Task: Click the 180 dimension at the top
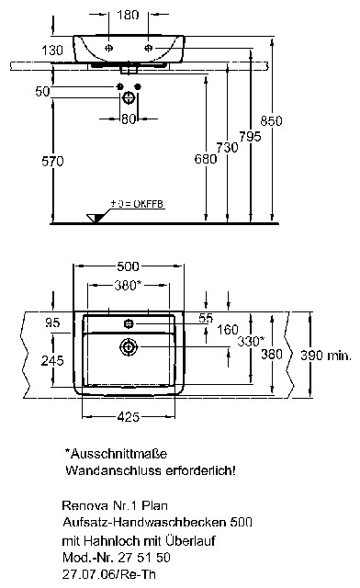point(128,15)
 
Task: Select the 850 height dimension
point(271,120)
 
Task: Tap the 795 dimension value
point(250,137)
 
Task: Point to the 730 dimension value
point(227,147)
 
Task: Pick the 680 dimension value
point(206,159)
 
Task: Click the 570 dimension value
point(52,162)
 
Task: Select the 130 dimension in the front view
point(52,50)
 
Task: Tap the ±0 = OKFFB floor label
point(137,204)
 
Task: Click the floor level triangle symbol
point(95,219)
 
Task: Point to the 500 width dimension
point(129,266)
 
